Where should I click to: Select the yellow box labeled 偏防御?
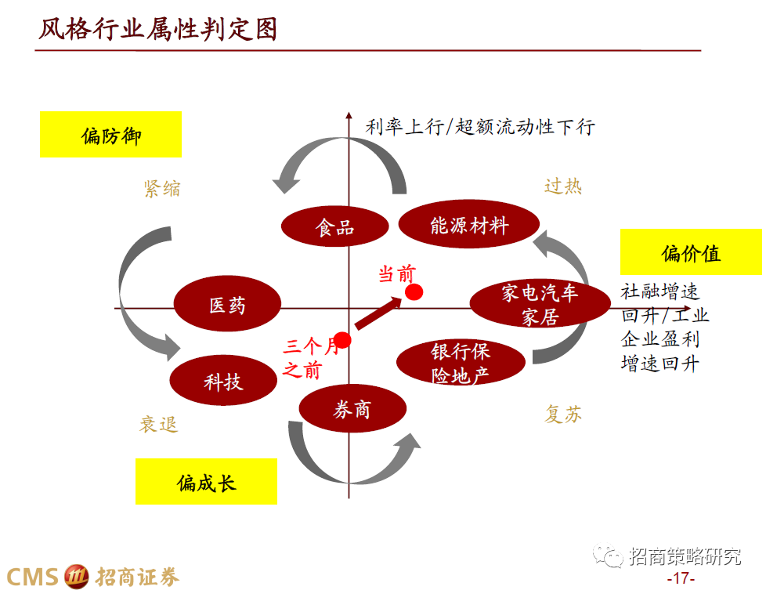pos(110,135)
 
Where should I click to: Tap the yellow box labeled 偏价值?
pos(690,252)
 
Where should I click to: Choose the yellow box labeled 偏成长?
pos(206,480)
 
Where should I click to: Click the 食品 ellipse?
pos(335,226)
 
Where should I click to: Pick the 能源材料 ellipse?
pos(469,226)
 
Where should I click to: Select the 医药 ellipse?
pos(227,305)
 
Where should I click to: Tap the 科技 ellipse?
pos(223,382)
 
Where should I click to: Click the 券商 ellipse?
pos(352,409)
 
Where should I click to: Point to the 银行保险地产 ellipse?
pos(461,362)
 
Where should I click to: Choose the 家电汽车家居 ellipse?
pos(540,305)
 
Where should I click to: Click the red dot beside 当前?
pos(414,292)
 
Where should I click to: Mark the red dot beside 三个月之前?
pos(342,341)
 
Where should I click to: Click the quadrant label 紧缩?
pos(161,188)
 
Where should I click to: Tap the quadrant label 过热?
pos(562,186)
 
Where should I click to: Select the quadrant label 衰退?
pos(159,425)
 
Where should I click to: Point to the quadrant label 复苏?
pos(563,414)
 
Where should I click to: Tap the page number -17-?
pos(680,578)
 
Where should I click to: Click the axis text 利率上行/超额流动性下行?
pos(480,127)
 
